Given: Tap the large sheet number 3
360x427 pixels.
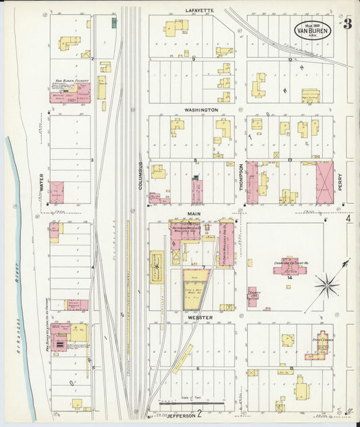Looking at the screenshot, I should [347, 24].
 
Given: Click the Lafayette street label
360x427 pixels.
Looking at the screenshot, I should [199, 11].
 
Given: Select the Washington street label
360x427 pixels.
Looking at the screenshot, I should [201, 109].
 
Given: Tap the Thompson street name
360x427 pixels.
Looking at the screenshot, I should [240, 179].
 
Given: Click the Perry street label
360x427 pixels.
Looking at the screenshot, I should [340, 181].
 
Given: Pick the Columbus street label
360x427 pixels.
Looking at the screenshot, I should [141, 175].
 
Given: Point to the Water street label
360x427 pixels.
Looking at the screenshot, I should [41, 181].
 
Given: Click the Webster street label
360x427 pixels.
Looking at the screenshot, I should [200, 317].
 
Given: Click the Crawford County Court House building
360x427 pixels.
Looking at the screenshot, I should [289, 265].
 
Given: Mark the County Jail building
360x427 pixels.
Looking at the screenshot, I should [253, 296].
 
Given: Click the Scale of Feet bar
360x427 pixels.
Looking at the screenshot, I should [182, 403].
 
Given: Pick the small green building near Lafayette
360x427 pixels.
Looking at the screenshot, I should [114, 22].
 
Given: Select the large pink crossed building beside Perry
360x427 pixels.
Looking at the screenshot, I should [324, 182].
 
